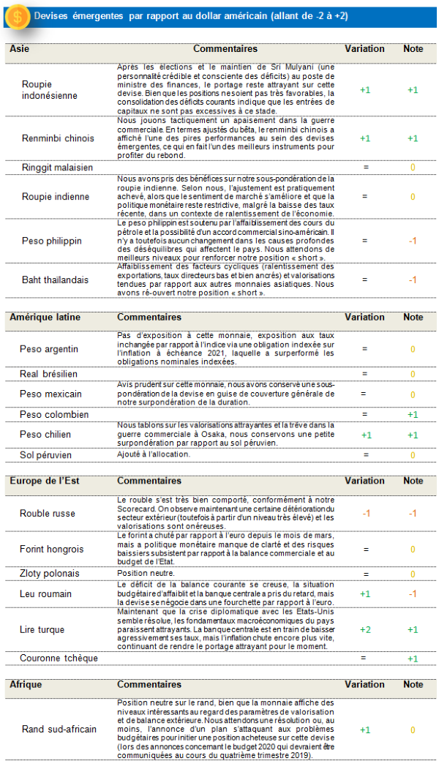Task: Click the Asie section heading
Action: click(20, 49)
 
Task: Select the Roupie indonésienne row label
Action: click(49, 90)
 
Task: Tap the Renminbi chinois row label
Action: click(58, 138)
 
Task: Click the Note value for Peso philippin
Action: click(413, 241)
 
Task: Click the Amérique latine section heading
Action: click(45, 318)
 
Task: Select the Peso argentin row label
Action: click(49, 349)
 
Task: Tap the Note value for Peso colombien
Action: click(413, 415)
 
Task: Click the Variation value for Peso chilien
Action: click(365, 435)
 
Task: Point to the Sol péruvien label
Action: click(49, 455)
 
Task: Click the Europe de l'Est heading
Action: click(45, 481)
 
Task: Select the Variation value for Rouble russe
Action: click(365, 513)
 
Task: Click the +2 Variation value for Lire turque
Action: click(365, 630)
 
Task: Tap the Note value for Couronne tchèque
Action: click(413, 659)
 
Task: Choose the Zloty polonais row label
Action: click(50, 574)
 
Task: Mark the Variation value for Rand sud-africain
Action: click(365, 730)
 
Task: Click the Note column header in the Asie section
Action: click(413, 49)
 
